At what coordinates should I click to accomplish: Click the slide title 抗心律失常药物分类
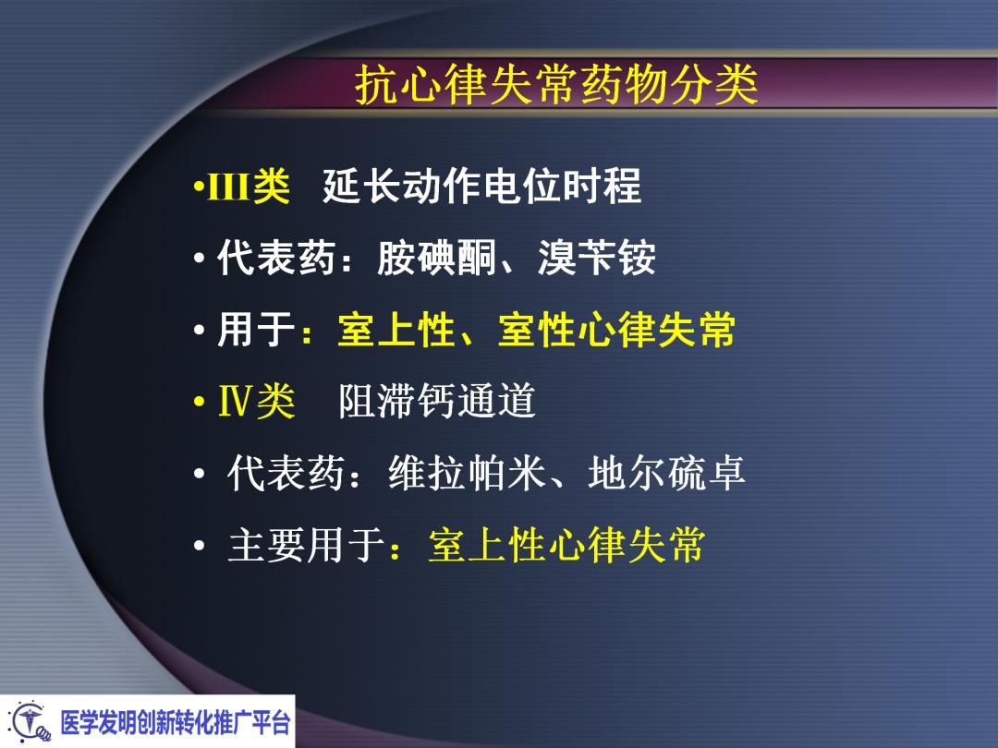point(556,86)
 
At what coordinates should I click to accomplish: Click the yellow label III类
point(244,187)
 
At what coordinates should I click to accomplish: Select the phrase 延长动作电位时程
point(481,187)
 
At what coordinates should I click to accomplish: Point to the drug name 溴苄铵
point(596,259)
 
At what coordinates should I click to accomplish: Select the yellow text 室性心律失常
point(616,330)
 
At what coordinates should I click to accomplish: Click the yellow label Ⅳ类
point(256,402)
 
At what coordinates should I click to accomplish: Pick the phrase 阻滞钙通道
point(437,402)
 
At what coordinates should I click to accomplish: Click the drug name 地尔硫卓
point(666,474)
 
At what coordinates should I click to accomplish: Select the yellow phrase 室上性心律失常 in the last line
point(566,546)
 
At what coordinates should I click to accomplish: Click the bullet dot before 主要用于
point(199,548)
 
